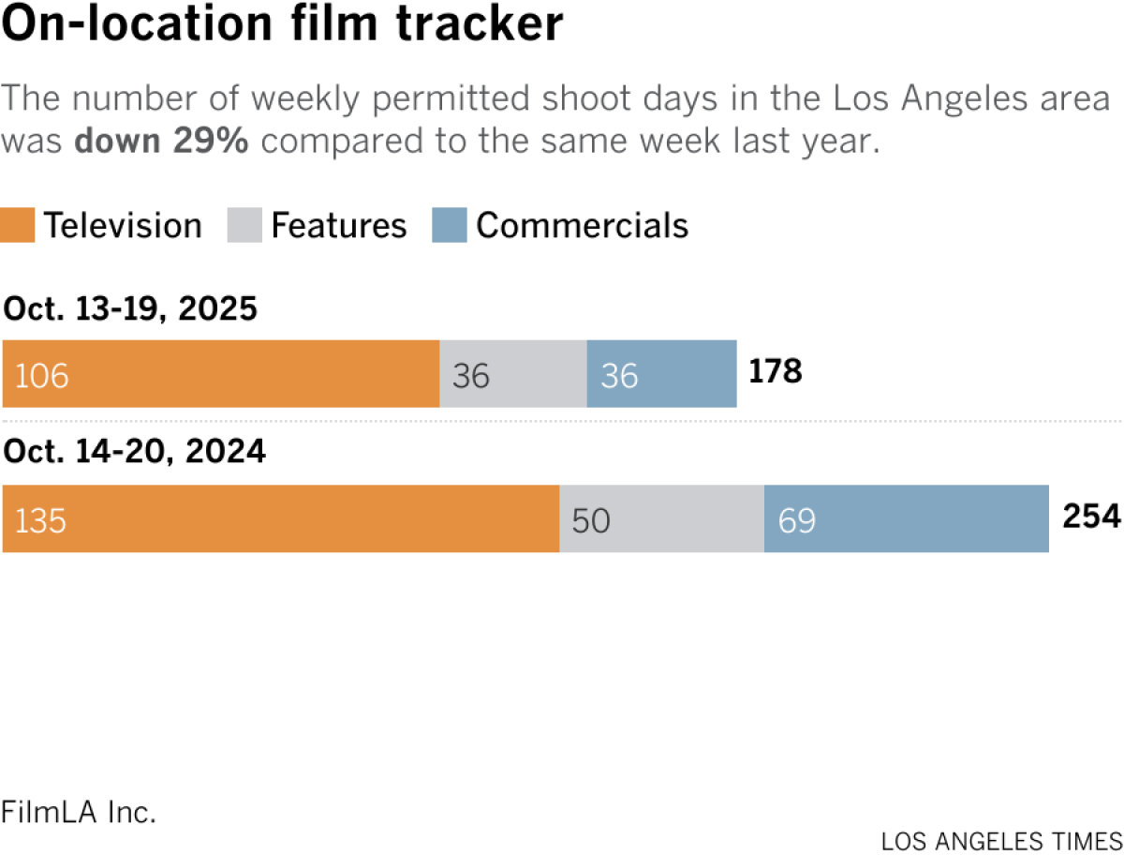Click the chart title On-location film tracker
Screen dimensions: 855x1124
click(283, 26)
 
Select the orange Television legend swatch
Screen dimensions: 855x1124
click(19, 226)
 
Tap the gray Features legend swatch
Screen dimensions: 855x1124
click(245, 226)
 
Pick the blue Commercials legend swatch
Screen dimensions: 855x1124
click(450, 226)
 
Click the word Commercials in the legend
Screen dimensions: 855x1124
click(582, 226)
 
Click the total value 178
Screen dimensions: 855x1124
click(776, 372)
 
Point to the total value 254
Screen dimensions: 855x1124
click(1091, 517)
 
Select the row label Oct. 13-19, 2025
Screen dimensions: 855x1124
click(130, 308)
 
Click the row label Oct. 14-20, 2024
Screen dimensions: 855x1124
click(135, 453)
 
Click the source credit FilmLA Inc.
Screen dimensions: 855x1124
click(79, 812)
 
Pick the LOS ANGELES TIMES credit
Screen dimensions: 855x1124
click(1001, 839)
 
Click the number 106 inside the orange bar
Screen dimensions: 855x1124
click(42, 376)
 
